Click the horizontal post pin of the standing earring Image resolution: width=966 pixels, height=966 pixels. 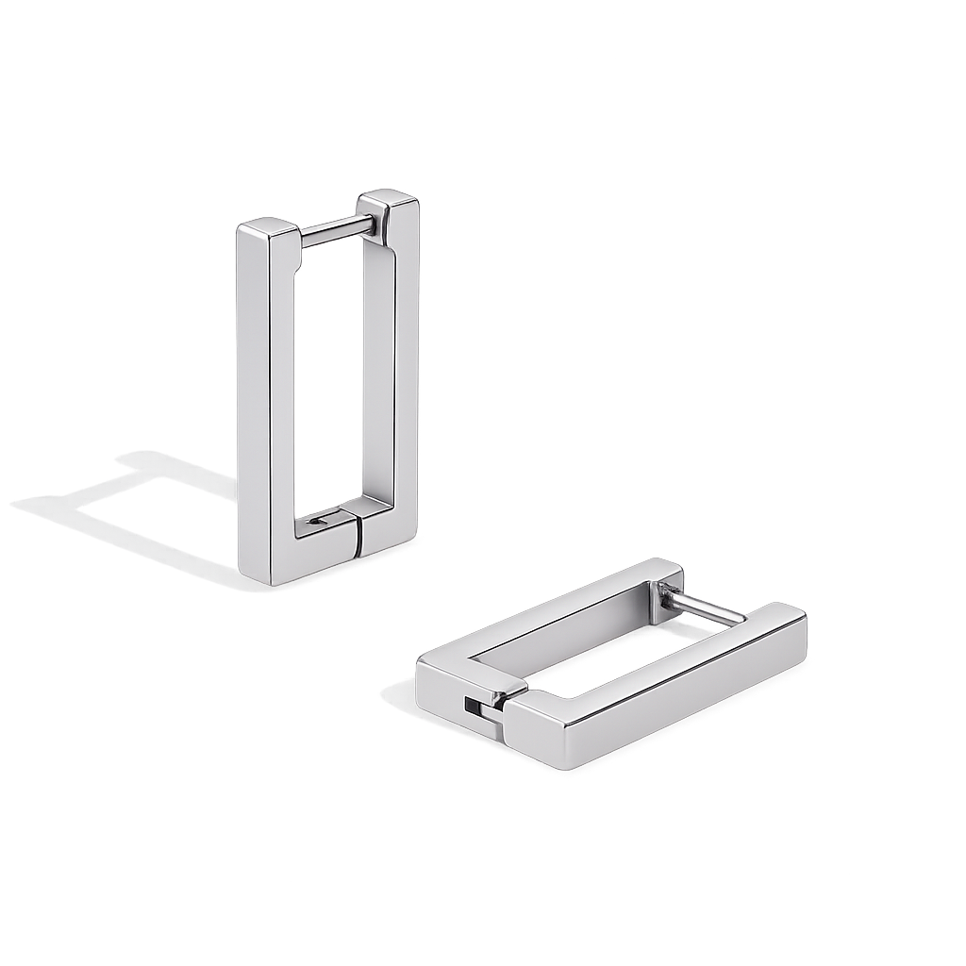point(336,228)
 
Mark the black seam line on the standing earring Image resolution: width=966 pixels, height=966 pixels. point(359,539)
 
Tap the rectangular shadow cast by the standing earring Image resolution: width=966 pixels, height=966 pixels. point(123,500)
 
